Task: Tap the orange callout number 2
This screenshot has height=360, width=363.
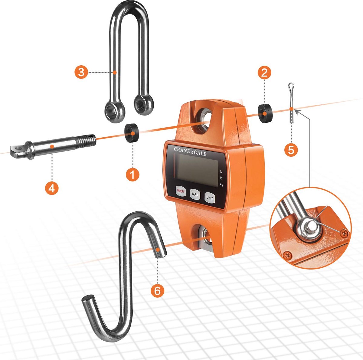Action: click(265, 72)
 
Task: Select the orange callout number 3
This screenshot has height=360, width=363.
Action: click(81, 72)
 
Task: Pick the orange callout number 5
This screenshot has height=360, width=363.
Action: click(291, 150)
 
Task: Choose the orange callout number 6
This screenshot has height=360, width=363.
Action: click(158, 291)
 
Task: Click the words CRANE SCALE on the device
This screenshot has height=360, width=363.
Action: click(190, 151)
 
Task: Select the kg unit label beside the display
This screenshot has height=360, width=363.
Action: click(221, 185)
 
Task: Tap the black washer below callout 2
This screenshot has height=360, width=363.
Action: click(264, 112)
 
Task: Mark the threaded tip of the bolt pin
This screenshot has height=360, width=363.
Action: click(89, 139)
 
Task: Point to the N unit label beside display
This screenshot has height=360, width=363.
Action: click(221, 172)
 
